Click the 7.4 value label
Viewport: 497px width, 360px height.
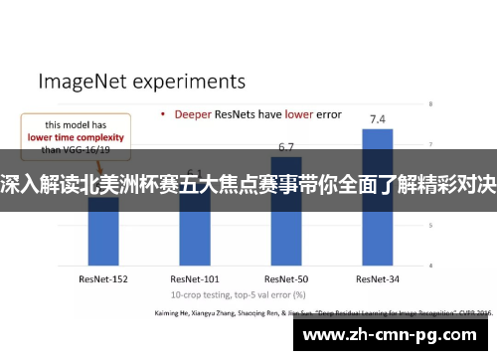coord(378,119)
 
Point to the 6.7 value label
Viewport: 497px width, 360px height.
coord(286,147)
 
